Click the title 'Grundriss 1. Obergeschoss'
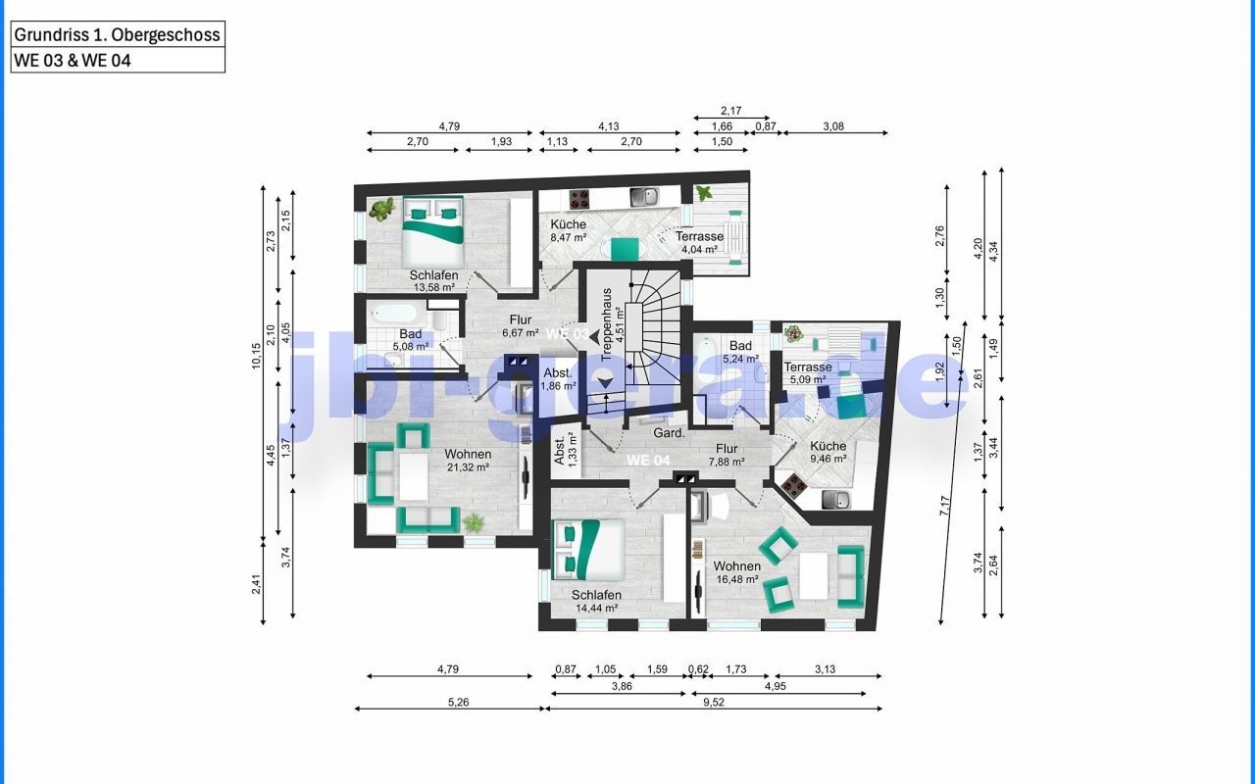tap(117, 34)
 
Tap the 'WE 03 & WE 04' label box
tap(118, 60)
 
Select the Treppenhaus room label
tap(612, 324)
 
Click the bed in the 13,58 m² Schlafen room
tap(433, 230)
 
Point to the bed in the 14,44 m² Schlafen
tap(587, 550)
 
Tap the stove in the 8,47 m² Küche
tap(578, 199)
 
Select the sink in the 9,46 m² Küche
tap(836, 499)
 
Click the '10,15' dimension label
tap(256, 356)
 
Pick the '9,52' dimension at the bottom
tap(713, 702)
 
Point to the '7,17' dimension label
tap(944, 506)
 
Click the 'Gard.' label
tap(669, 433)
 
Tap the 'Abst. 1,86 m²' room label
tap(559, 379)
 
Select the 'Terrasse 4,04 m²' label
tap(699, 242)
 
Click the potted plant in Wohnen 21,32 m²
tap(474, 523)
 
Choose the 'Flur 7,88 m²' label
tap(727, 455)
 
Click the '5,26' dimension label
tap(458, 702)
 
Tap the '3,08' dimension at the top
tap(833, 126)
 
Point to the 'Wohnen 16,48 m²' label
tap(737, 572)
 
